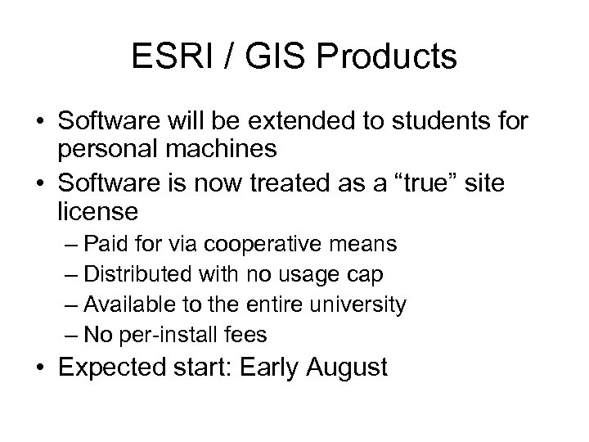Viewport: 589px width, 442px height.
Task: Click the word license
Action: tap(98, 214)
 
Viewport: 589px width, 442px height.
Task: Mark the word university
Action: tap(362, 304)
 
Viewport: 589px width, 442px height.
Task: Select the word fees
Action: tap(244, 335)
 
